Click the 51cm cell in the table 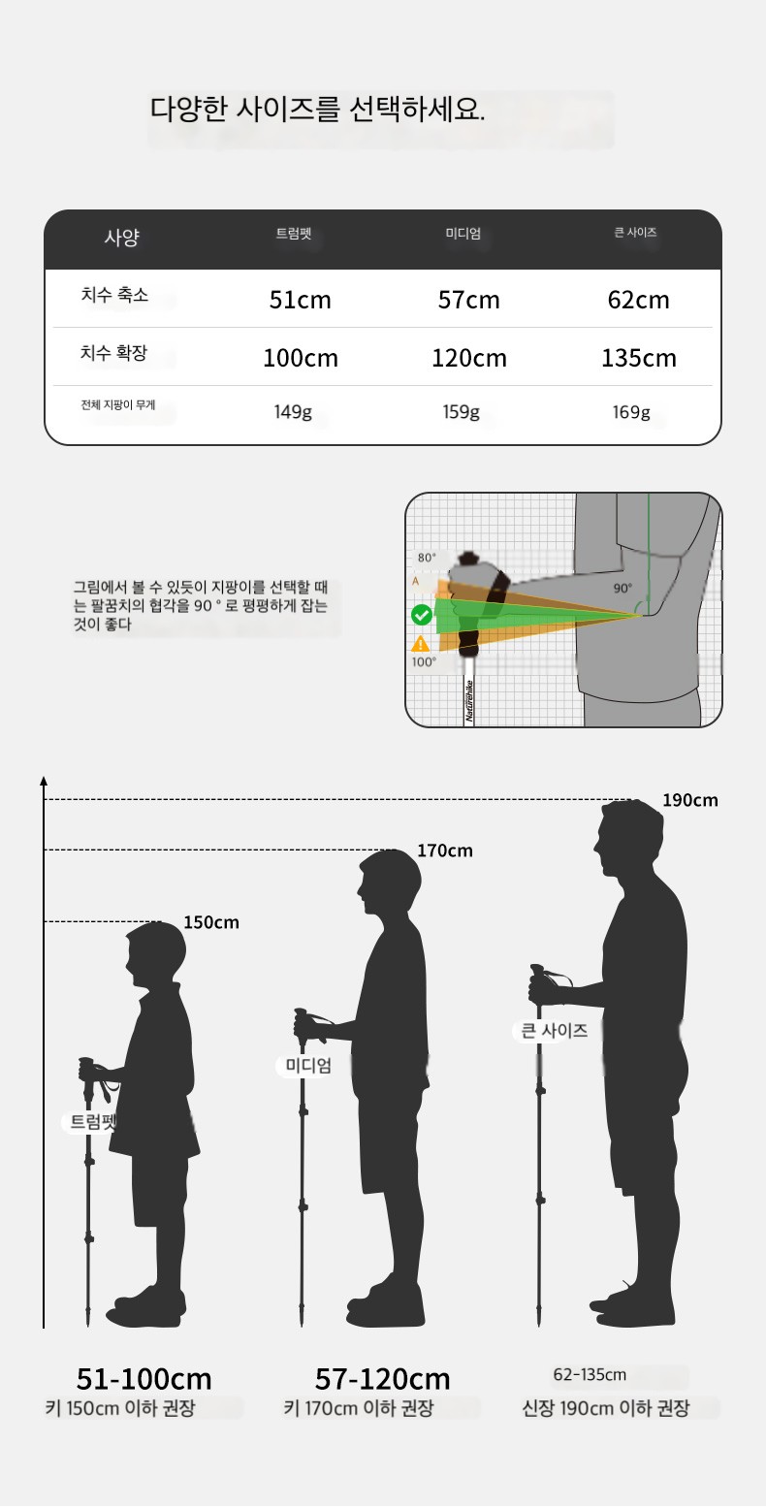tap(301, 300)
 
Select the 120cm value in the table tap(469, 358)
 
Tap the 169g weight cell tap(631, 412)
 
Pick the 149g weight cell tap(293, 412)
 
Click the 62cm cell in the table tap(639, 300)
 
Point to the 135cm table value tap(639, 358)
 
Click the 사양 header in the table tap(122, 237)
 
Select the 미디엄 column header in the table tap(463, 234)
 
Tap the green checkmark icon tap(422, 615)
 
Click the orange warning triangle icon tap(421, 644)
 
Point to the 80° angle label tap(427, 558)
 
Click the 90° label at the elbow tap(622, 588)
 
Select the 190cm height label tap(690, 800)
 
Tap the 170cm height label tap(445, 850)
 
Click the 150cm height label tap(211, 922)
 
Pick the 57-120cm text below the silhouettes tap(382, 1379)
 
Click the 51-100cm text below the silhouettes tap(144, 1379)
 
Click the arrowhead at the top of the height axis tap(44, 781)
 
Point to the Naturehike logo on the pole tap(469, 701)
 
